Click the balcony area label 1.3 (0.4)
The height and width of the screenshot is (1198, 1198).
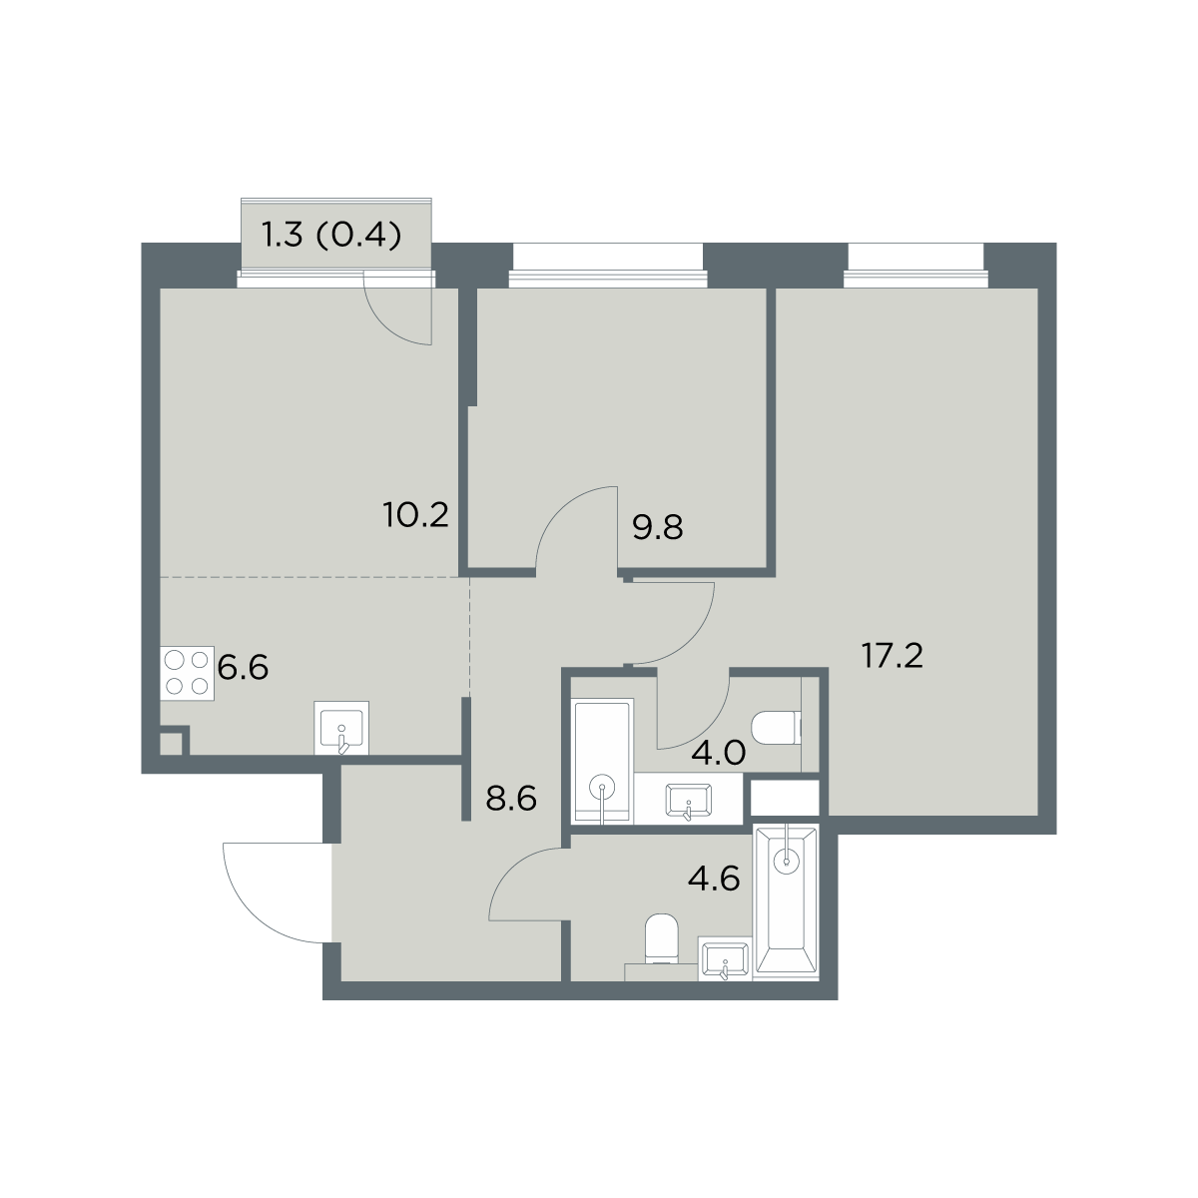tap(331, 237)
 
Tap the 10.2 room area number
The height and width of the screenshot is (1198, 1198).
tap(415, 516)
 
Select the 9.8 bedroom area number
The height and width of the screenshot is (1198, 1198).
tap(657, 528)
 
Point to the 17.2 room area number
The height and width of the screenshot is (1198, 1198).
tap(893, 657)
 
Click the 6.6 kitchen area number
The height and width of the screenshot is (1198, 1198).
tap(243, 668)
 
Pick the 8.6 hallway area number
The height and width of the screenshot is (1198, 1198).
tap(510, 799)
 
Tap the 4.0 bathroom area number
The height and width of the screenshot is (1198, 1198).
tap(719, 754)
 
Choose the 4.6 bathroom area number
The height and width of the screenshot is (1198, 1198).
tap(714, 880)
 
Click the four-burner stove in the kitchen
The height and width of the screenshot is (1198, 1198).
tap(187, 673)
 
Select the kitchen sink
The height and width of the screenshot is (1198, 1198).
tap(341, 728)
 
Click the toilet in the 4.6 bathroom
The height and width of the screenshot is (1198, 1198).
tap(661, 938)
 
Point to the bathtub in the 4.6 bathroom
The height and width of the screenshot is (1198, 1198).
tap(787, 902)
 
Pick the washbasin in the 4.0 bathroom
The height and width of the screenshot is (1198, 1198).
tap(688, 800)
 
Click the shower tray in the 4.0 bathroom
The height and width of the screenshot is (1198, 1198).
tap(603, 762)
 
